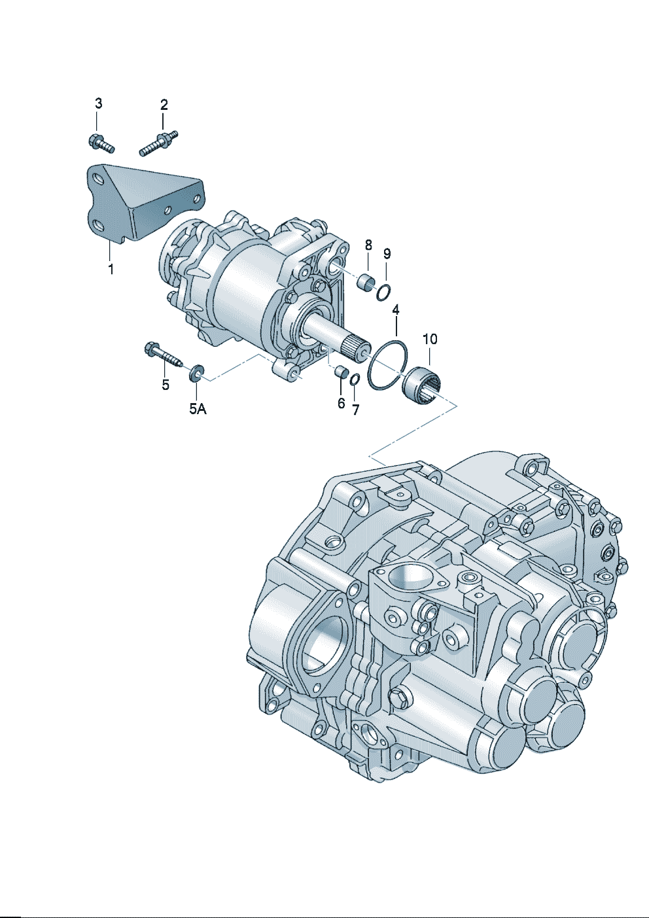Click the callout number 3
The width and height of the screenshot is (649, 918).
pyautogui.click(x=98, y=103)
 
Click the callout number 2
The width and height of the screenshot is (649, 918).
pyautogui.click(x=164, y=105)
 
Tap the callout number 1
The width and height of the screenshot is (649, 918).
pyautogui.click(x=111, y=270)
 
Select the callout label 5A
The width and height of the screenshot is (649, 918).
pyautogui.click(x=198, y=409)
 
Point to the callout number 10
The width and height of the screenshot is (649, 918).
pyautogui.click(x=430, y=340)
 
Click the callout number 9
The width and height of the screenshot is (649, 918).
pyautogui.click(x=387, y=254)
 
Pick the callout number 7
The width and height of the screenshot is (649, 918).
pyautogui.click(x=355, y=409)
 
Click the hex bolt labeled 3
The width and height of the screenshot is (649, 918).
pyautogui.click(x=101, y=143)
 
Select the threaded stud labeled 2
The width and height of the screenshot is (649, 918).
pyautogui.click(x=158, y=143)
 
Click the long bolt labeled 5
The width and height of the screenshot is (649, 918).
pyautogui.click(x=164, y=355)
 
